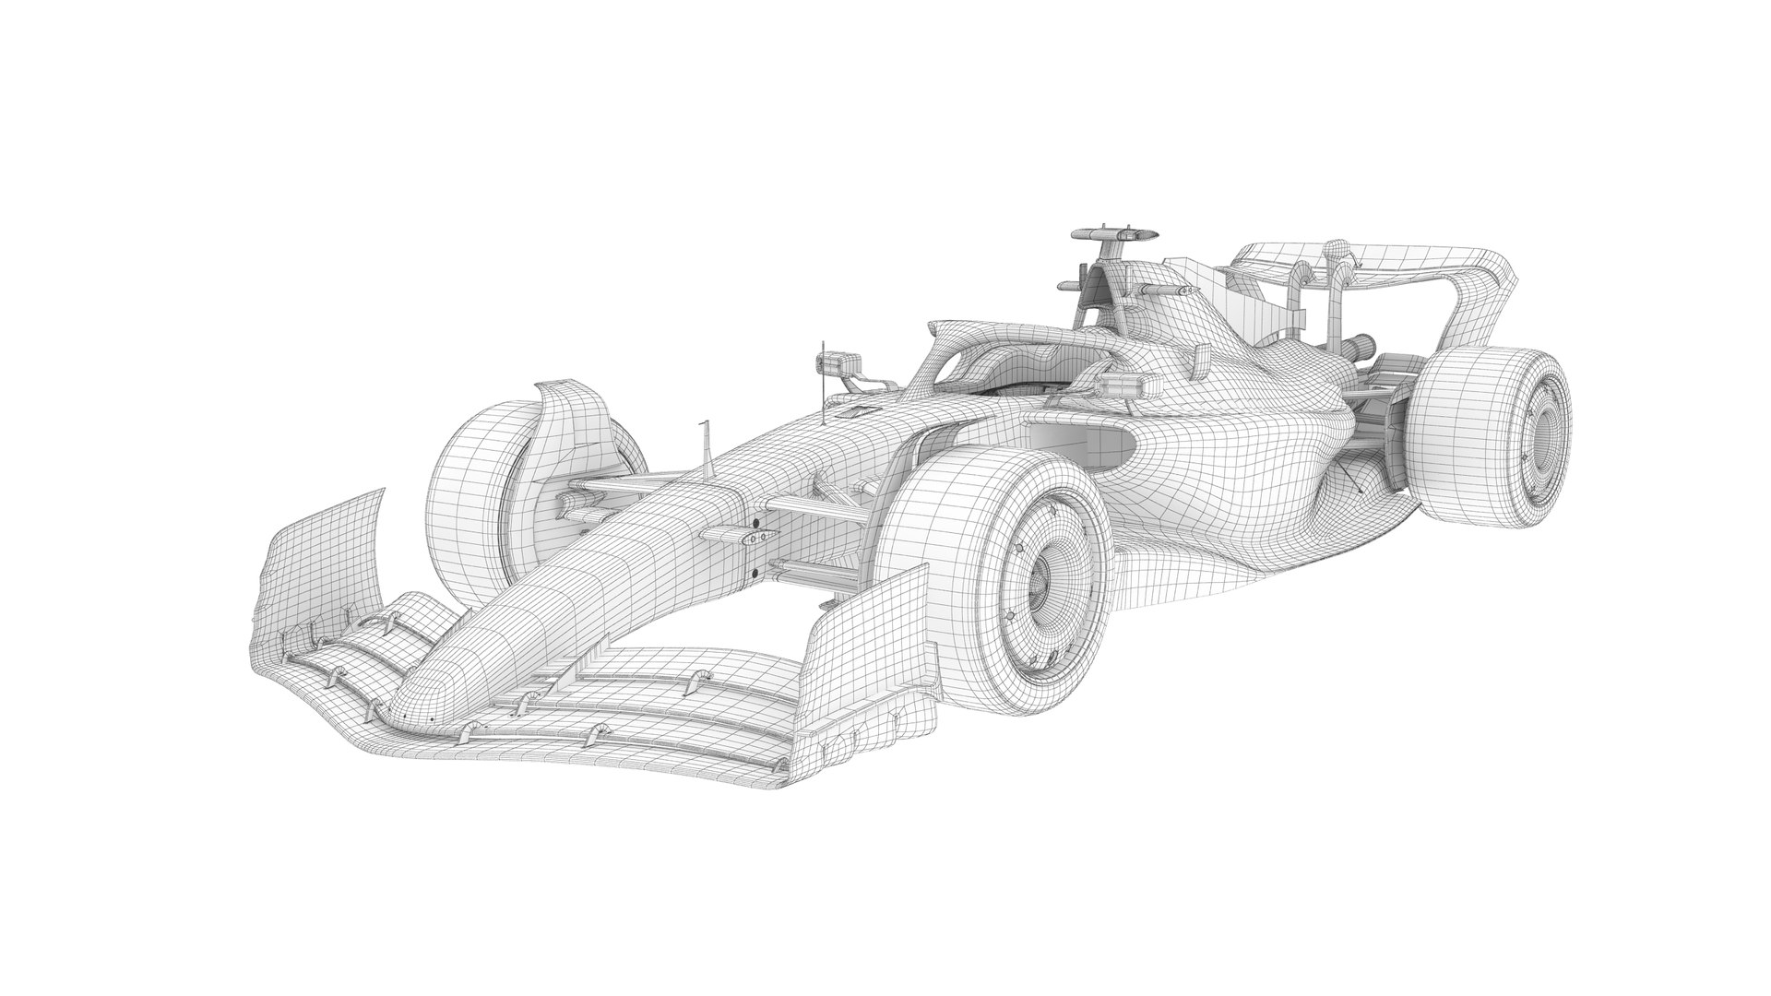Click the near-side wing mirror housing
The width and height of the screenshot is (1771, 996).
coord(1115,385)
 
